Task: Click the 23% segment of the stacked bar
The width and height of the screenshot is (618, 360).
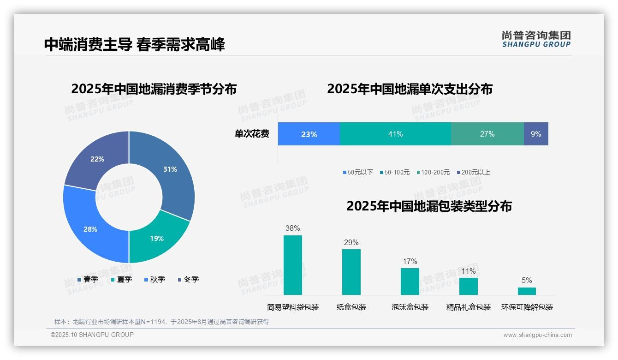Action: (x=309, y=134)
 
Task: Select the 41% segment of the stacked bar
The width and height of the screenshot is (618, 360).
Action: (x=395, y=134)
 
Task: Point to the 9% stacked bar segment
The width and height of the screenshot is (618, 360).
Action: (x=536, y=134)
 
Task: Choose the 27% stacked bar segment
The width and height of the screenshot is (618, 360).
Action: (x=487, y=134)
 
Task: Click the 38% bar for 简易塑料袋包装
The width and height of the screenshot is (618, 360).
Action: (x=293, y=265)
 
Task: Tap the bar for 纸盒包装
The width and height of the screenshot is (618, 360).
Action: (x=351, y=272)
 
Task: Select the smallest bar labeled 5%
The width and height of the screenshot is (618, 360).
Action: (x=527, y=291)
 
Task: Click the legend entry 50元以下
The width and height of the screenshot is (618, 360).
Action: (x=358, y=172)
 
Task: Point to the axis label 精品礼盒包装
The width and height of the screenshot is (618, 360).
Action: (x=469, y=307)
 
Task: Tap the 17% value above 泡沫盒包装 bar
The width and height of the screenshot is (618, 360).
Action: (x=410, y=261)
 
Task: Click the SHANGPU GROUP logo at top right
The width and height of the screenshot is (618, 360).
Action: (x=536, y=39)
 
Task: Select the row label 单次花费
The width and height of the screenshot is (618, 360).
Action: (x=252, y=134)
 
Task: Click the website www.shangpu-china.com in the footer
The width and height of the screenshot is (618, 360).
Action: (x=537, y=335)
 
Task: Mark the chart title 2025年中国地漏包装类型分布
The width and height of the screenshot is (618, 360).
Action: (x=429, y=206)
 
